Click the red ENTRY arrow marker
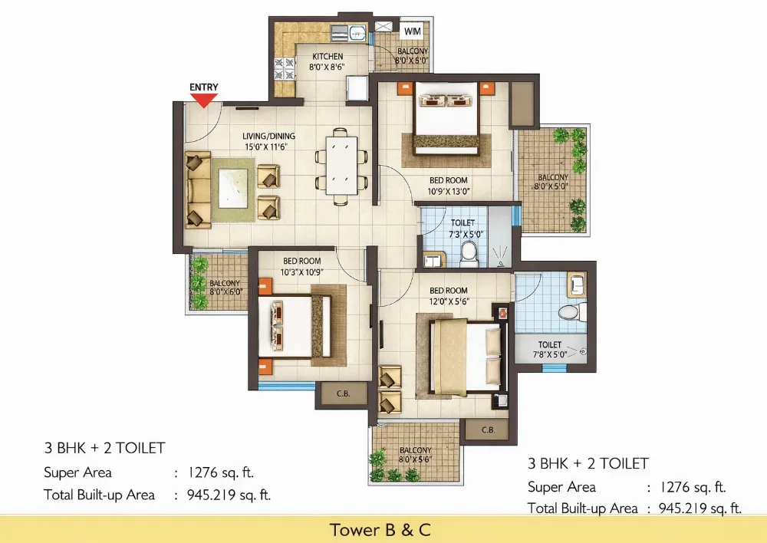coord(204,100)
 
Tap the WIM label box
coord(413,31)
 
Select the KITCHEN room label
coord(328,56)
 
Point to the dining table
coord(341,166)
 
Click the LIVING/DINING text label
coord(269,136)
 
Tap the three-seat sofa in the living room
coord(198,189)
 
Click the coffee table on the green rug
coord(233,189)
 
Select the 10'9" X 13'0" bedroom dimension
coord(449,191)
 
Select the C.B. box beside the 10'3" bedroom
coord(343,393)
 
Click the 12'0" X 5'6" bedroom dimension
coord(449,301)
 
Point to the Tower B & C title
coord(380,530)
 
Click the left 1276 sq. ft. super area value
coord(221,472)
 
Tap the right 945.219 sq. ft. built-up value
coord(700,508)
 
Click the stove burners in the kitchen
coord(285,68)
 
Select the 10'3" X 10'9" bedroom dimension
coord(301,272)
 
